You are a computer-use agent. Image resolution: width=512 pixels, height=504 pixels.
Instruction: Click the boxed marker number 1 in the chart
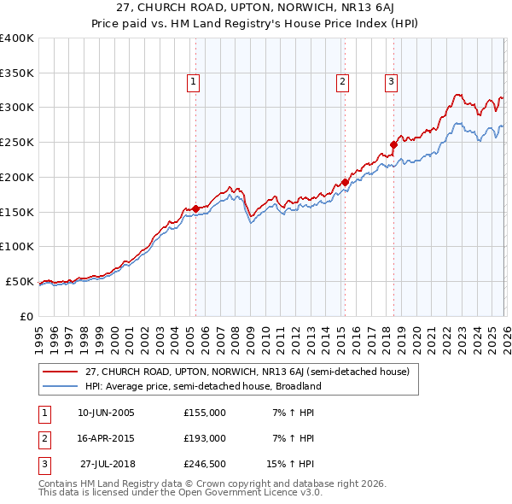click(194, 82)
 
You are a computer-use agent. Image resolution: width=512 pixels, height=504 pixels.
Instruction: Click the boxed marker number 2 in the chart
click(342, 82)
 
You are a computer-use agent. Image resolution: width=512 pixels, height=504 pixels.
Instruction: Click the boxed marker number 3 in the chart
click(391, 82)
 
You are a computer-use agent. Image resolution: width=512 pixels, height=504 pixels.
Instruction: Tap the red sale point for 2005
click(195, 208)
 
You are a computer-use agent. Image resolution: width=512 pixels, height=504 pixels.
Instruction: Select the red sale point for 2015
click(345, 182)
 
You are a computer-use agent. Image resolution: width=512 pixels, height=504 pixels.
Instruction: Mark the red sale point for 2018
click(394, 144)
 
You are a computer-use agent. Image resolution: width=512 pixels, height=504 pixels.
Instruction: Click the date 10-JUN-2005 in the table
click(106, 413)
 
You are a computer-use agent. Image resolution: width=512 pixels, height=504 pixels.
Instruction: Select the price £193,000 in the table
click(205, 438)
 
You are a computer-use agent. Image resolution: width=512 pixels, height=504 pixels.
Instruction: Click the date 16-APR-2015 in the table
click(106, 438)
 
